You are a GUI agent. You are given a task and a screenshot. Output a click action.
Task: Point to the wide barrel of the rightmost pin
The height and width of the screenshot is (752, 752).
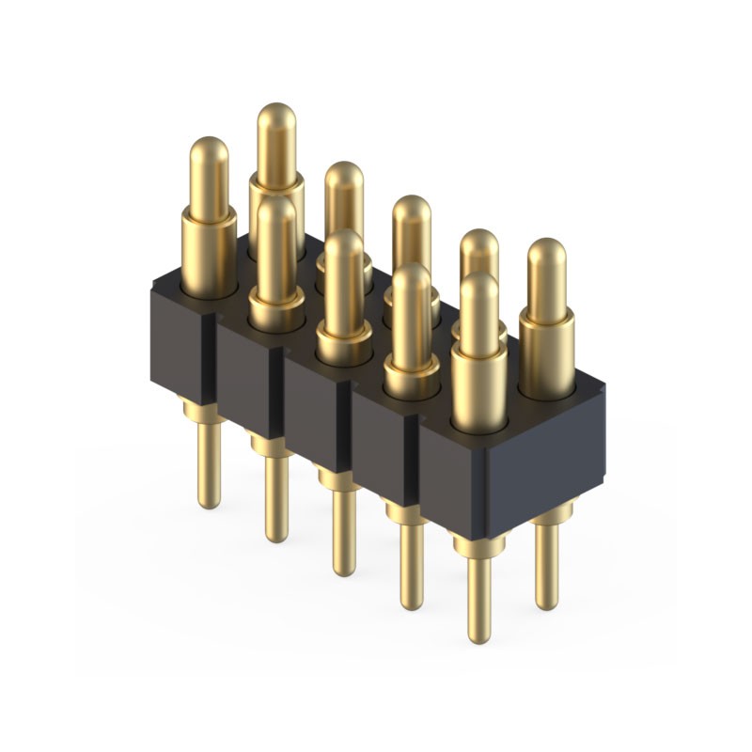coord(546,352)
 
